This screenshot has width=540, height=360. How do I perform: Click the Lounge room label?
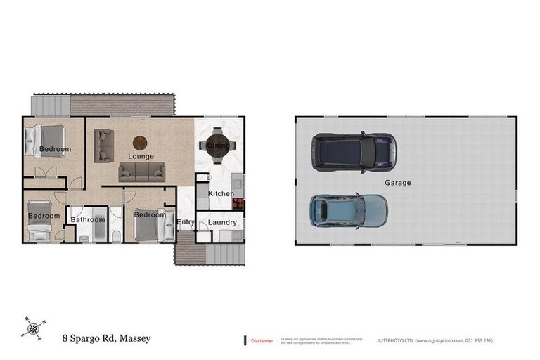pyautogui.click(x=141, y=156)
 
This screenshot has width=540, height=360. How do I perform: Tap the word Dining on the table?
pyautogui.click(x=217, y=146)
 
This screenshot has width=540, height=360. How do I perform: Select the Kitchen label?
pyautogui.click(x=220, y=193)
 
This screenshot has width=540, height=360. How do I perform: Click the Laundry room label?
pyautogui.click(x=221, y=223)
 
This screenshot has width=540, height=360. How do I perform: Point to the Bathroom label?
pyautogui.click(x=87, y=219)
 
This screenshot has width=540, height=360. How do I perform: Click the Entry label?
pyautogui.click(x=186, y=222)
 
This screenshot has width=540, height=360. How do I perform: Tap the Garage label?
pyautogui.click(x=397, y=183)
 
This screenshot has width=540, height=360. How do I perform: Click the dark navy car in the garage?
pyautogui.click(x=353, y=151)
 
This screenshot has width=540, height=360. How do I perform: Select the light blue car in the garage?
pyautogui.click(x=349, y=210)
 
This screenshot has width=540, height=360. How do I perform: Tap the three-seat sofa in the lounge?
pyautogui.click(x=141, y=172)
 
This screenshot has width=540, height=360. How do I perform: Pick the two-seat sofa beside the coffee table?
pyautogui.click(x=104, y=146)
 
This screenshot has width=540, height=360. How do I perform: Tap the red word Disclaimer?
pyautogui.click(x=262, y=340)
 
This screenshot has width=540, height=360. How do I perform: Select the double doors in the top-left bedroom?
pyautogui.click(x=45, y=173)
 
